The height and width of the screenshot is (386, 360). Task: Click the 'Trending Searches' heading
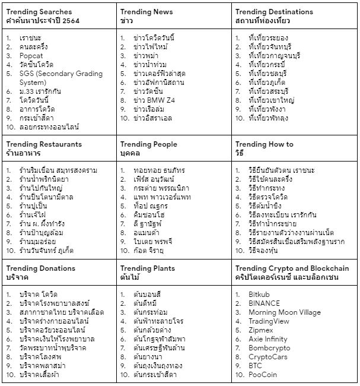[39, 12]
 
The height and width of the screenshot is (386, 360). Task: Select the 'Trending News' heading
[146, 12]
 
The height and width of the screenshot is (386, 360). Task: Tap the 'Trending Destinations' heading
[274, 12]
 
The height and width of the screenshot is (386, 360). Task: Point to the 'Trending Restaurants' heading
[44, 144]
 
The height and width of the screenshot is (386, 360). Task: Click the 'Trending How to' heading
[265, 144]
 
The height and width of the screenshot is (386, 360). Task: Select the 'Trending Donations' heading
[41, 268]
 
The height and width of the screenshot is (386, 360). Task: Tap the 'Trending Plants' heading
[148, 268]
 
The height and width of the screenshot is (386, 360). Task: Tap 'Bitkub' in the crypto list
[261, 294]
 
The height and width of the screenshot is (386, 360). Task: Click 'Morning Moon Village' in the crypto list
[285, 312]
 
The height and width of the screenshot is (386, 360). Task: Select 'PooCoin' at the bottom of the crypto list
[264, 375]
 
